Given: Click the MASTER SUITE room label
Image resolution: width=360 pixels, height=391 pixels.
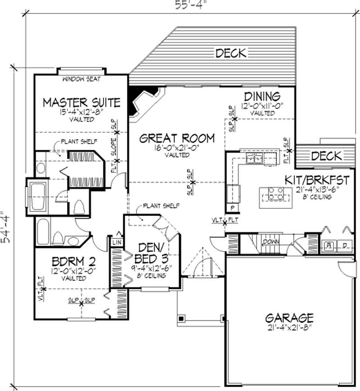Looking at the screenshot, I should (81, 102).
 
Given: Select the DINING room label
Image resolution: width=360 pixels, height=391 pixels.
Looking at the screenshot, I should (262, 96).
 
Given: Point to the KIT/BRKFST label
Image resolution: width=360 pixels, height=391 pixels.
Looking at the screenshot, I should (317, 180).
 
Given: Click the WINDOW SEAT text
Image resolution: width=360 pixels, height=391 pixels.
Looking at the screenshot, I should (81, 80).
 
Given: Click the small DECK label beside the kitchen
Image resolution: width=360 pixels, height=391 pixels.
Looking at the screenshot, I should (326, 156).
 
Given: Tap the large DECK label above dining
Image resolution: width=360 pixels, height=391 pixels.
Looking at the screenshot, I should (231, 54).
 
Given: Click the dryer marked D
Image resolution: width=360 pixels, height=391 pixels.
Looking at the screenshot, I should (345, 246).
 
